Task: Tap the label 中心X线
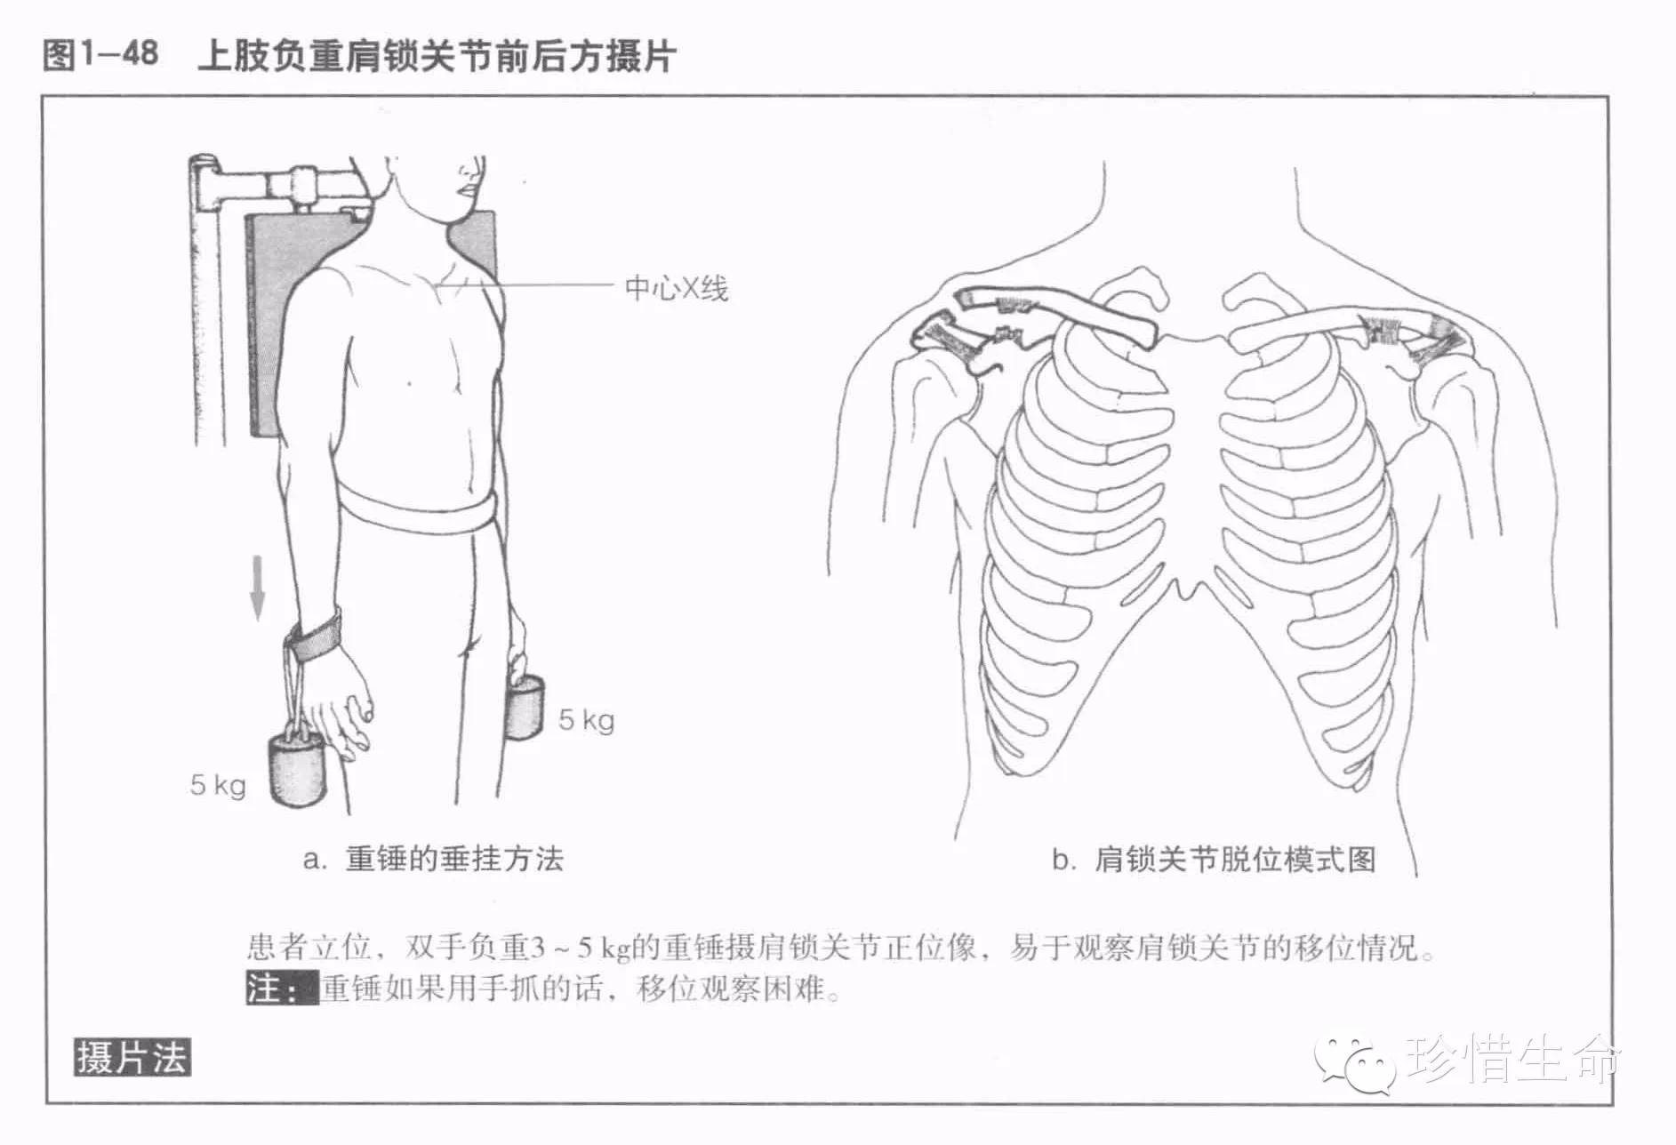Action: point(676,289)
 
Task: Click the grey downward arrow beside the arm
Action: point(257,587)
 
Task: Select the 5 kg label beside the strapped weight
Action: point(217,785)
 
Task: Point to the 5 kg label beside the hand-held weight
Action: point(586,719)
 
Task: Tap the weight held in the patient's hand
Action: point(525,707)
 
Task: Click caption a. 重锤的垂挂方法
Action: point(433,860)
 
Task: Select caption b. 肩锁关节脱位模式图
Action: point(1214,860)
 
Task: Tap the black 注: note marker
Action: point(281,989)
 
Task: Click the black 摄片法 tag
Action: point(132,1058)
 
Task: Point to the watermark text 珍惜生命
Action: point(1513,1058)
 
